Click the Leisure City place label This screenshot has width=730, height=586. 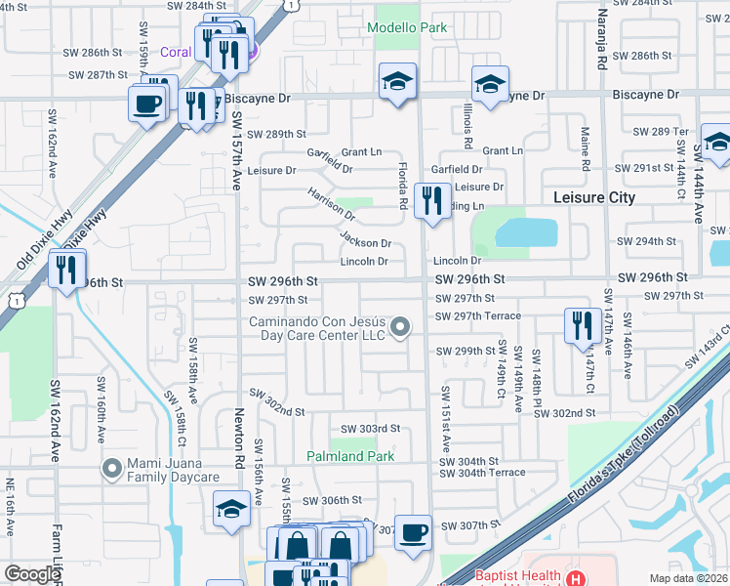(593, 197)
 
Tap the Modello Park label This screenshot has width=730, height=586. (407, 27)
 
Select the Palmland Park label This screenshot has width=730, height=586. (350, 456)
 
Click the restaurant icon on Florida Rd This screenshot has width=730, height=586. (429, 201)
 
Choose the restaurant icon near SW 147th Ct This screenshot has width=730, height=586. (582, 326)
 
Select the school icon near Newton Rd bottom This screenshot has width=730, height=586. (231, 509)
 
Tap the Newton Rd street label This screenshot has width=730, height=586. (240, 434)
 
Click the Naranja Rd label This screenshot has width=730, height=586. (603, 39)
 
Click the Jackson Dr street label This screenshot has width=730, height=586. (365, 241)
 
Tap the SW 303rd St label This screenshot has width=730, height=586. (370, 429)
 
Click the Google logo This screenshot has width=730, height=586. (32, 574)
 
